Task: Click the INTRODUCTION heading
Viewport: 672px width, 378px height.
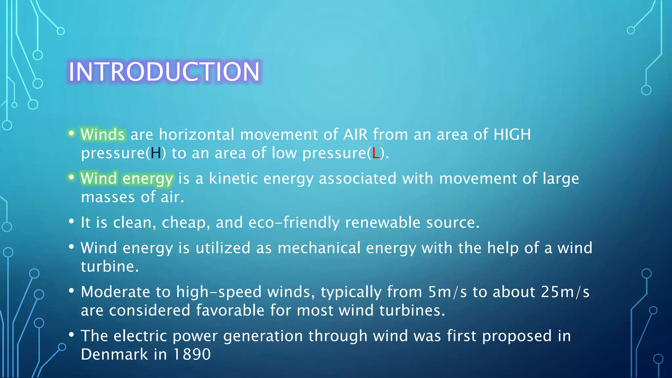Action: tap(164, 72)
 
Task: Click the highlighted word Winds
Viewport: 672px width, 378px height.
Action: tap(103, 135)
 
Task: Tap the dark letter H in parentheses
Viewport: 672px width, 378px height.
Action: tap(156, 153)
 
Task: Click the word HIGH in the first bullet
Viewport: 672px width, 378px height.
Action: tap(512, 135)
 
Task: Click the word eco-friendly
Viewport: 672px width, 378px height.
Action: tap(294, 222)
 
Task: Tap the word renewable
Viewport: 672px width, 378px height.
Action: tap(383, 222)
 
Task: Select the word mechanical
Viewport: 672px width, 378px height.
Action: tap(319, 248)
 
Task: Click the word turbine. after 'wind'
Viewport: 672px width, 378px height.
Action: tap(110, 266)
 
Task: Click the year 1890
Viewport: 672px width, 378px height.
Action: tap(192, 354)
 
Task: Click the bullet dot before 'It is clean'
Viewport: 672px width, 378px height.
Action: tap(72, 221)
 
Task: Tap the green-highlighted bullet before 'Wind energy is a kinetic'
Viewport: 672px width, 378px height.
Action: tap(71, 177)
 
